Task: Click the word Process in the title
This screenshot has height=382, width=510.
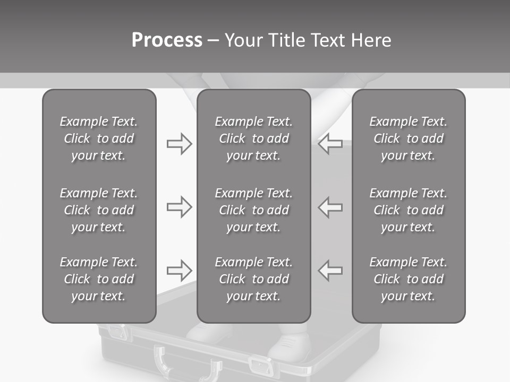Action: point(167,40)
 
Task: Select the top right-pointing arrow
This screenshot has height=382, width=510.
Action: point(179,144)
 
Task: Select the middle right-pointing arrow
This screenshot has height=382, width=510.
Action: point(179,207)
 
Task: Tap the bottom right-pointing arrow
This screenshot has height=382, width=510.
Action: point(179,271)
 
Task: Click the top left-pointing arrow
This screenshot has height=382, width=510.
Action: point(330,144)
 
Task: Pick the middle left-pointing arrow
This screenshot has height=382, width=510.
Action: point(330,207)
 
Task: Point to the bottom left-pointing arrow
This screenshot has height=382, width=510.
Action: point(330,271)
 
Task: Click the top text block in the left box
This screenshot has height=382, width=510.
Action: point(99,138)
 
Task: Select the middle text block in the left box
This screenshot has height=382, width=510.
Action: point(99,210)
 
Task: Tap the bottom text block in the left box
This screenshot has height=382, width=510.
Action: point(99,279)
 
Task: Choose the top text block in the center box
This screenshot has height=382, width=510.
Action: point(253,138)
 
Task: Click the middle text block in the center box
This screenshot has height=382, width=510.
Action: point(253,210)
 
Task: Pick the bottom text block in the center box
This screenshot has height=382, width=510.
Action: point(253,279)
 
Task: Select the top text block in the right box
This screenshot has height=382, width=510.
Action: point(408,138)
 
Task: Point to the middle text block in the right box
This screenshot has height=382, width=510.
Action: point(408,210)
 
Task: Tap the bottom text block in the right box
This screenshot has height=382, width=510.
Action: point(408,279)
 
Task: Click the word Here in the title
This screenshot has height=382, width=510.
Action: point(372,40)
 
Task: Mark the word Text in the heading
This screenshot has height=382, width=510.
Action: point(330,40)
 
